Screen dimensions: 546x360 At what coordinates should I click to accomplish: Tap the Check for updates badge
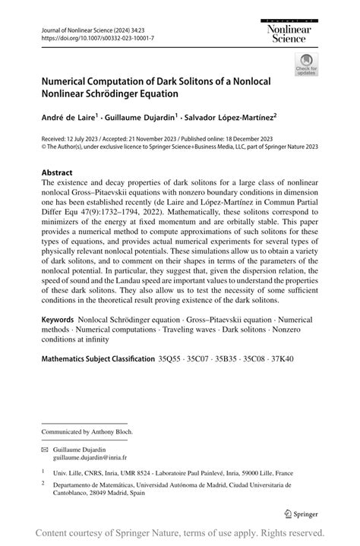coord(308,65)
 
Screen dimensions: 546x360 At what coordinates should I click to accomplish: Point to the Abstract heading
coord(57,172)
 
